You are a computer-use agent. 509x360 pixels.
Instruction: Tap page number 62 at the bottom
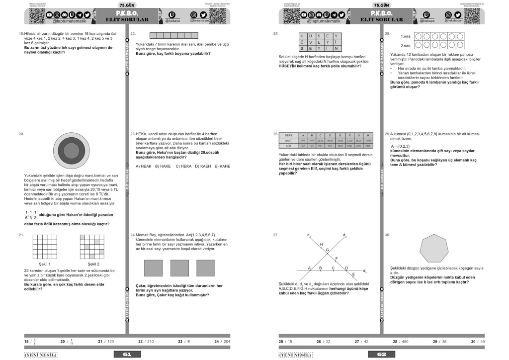click(382, 354)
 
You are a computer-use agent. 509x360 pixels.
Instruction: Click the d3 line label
click(365, 271)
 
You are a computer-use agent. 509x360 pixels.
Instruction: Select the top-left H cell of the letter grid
click(302, 36)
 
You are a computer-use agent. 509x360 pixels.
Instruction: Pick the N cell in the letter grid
click(336, 49)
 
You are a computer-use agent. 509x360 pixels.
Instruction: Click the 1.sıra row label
click(405, 36)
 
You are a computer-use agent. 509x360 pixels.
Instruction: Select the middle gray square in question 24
click(179, 269)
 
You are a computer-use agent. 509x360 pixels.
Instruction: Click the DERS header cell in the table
click(289, 135)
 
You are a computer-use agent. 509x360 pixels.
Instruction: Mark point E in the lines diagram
click(353, 274)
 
